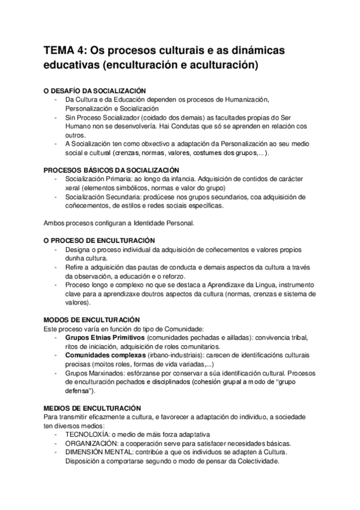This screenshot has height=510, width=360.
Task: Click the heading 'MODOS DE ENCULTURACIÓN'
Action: point(92,319)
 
